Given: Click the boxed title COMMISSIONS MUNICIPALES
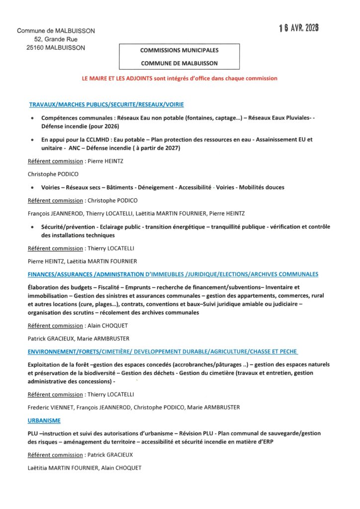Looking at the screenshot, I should coord(179,50).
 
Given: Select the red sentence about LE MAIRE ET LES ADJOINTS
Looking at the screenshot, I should coord(180,79).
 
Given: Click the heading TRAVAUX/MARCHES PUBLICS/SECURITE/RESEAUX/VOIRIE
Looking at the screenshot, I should coord(106,105).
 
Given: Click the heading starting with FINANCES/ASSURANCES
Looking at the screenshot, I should coord(173,274).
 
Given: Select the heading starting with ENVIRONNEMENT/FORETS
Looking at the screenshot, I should coord(163,351).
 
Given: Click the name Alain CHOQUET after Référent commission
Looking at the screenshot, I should coord(108,326).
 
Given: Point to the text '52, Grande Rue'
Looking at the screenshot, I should coord(56,39).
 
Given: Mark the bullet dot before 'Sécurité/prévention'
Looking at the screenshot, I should coord(32,227).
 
